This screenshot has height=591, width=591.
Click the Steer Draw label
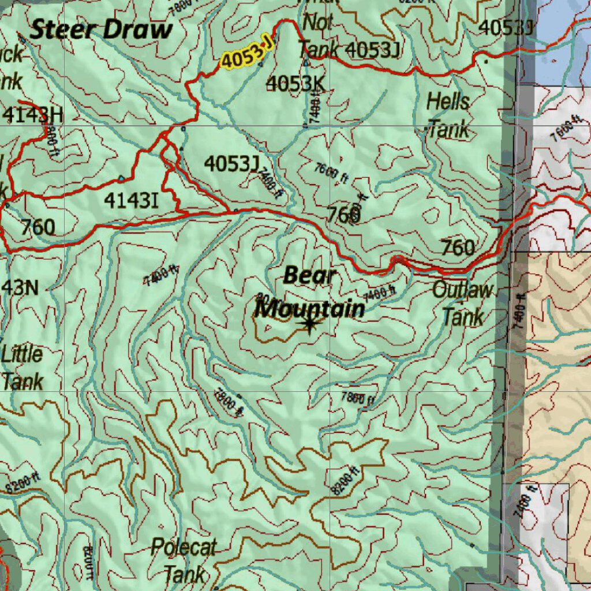tap(101, 29)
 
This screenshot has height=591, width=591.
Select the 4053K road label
tap(295, 84)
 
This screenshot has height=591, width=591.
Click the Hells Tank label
tap(448, 115)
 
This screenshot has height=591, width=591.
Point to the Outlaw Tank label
tap(463, 303)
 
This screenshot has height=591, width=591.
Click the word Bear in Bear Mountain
tap(310, 275)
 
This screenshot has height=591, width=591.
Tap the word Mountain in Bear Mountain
tap(310, 309)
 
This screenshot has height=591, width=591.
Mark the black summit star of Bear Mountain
tap(309, 325)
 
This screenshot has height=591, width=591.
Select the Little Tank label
tap(22, 367)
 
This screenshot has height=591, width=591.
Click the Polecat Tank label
tap(184, 560)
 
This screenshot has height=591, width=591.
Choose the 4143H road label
tap(32, 115)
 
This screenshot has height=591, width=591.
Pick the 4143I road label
tap(131, 200)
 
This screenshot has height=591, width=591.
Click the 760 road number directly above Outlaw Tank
tap(458, 248)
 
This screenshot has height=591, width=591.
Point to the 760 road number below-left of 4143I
tap(38, 227)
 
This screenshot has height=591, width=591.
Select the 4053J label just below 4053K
tap(231, 164)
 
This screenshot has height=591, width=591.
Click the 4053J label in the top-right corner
tap(506, 27)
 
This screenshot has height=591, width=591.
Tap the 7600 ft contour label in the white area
tap(565, 129)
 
